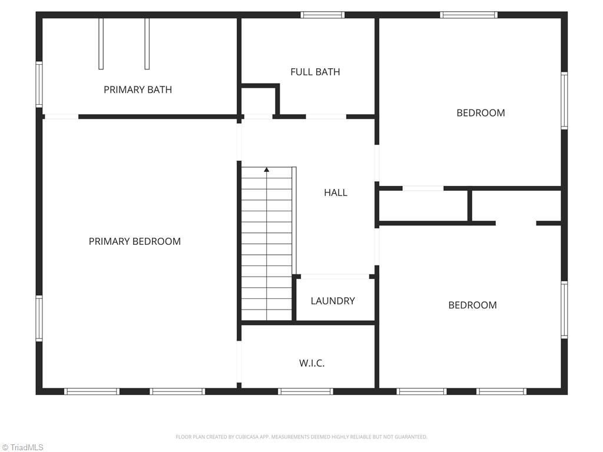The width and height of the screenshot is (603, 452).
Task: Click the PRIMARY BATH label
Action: click(x=138, y=89)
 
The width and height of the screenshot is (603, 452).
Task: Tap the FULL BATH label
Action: click(x=315, y=72)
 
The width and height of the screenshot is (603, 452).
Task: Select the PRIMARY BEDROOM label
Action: click(x=134, y=241)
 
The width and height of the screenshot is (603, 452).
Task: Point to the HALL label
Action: click(x=336, y=192)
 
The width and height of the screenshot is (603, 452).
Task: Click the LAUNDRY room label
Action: click(x=333, y=301)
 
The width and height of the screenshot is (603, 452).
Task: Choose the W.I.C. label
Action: click(x=312, y=363)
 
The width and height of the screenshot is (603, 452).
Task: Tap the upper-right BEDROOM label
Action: click(x=481, y=113)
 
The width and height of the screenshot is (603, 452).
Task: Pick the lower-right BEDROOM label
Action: click(x=472, y=305)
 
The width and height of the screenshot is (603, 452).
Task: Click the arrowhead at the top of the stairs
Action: click(x=267, y=169)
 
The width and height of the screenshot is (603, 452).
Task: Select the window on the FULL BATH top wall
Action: click(x=322, y=15)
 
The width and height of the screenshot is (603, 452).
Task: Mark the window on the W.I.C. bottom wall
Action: click(x=305, y=391)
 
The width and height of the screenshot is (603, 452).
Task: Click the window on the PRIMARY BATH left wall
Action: click(x=39, y=85)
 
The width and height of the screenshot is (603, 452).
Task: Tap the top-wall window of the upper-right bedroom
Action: click(x=469, y=15)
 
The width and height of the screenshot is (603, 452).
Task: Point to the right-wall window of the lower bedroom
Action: click(x=564, y=310)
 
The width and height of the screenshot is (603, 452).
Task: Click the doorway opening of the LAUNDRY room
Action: click(x=335, y=276)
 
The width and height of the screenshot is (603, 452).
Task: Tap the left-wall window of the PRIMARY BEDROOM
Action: click(x=39, y=318)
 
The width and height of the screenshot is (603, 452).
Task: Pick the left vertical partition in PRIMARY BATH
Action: click(x=101, y=44)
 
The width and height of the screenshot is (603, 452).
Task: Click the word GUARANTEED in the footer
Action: click(x=412, y=437)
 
